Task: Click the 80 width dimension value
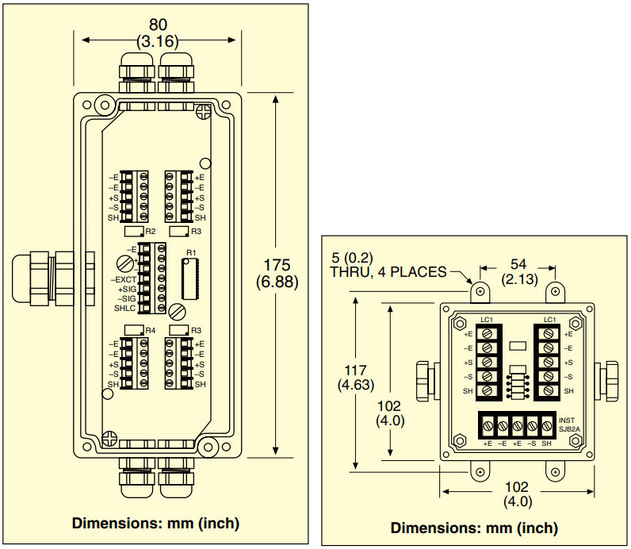pos(159,25)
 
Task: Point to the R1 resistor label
pos(190,252)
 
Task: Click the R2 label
pos(150,232)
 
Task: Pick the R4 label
pos(150,329)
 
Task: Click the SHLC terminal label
pos(124,308)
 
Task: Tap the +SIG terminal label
pos(126,290)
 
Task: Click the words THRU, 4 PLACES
pos(388,272)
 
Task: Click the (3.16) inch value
pos(159,40)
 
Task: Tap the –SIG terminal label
pos(126,298)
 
